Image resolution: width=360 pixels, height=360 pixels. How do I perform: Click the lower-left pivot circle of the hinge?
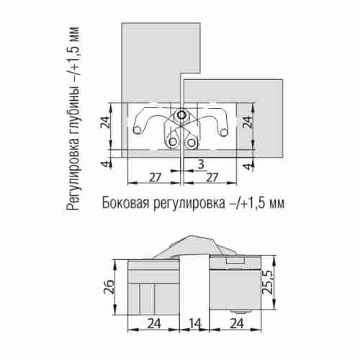click(174, 141)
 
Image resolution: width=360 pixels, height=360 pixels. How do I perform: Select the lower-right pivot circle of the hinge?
click(192, 141)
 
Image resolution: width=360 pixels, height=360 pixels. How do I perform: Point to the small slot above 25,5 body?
click(233, 260)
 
